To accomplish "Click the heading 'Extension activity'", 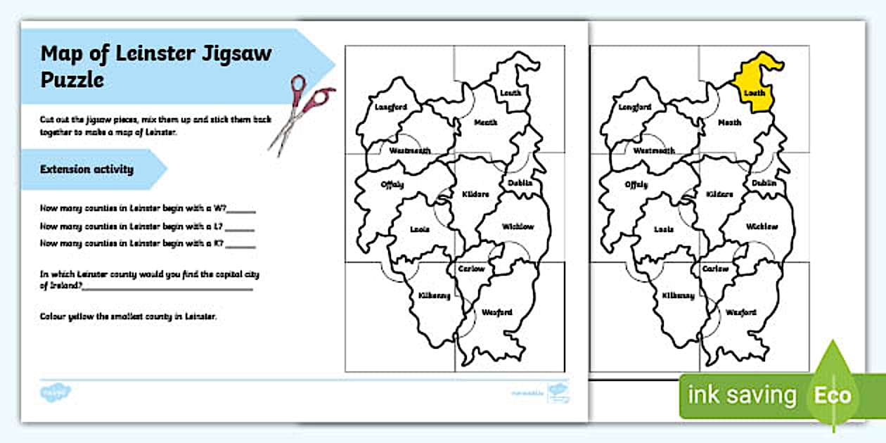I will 86,169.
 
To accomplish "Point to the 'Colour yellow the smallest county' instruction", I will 129,316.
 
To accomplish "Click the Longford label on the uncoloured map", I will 391,108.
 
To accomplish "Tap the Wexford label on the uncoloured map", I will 497,312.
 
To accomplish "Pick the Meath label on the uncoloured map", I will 486,122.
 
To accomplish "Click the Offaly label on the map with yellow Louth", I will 636,185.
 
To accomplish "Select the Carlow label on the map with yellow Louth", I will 716,269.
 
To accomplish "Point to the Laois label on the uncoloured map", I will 420,229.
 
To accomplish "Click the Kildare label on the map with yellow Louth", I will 720,194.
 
